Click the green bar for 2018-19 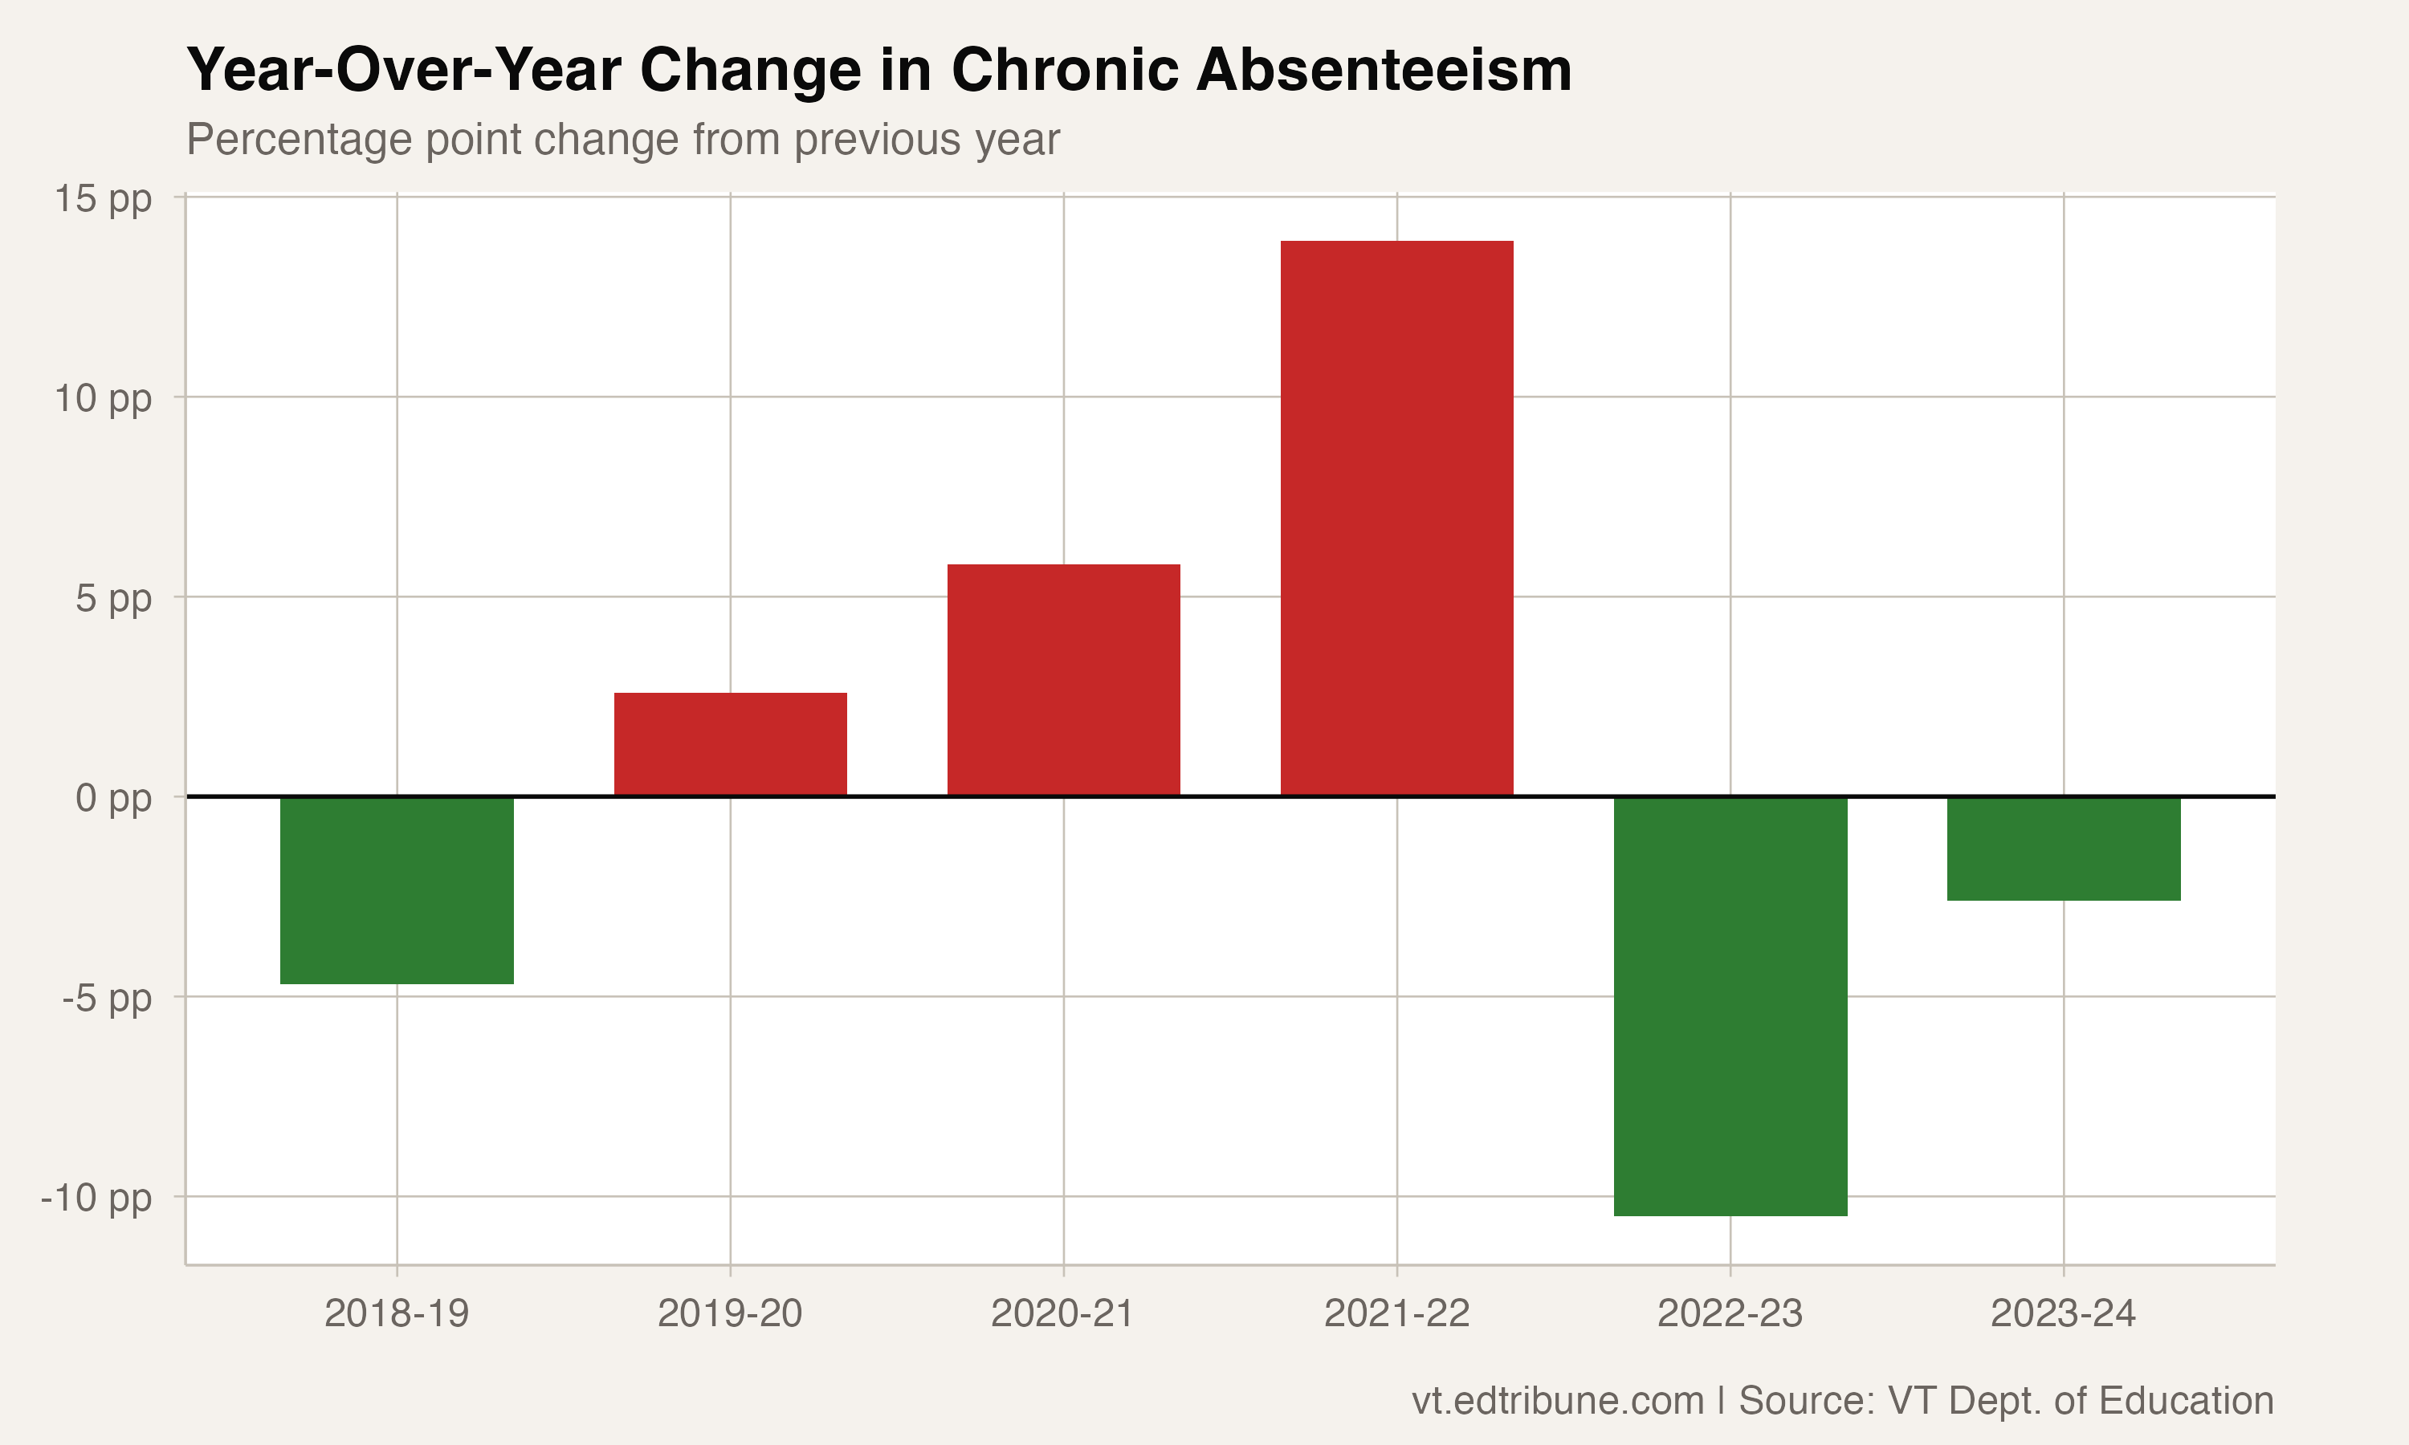397,890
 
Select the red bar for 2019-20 730,745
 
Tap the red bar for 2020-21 1063,681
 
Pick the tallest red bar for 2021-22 1396,518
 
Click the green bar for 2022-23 1730,1006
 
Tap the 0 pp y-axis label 113,799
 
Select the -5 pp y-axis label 107,998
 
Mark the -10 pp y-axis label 96,1198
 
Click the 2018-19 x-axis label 397,1313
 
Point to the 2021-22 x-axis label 1396,1313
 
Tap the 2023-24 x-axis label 2064,1313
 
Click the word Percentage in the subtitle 299,140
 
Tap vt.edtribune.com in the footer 1557,1400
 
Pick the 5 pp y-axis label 113,598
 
